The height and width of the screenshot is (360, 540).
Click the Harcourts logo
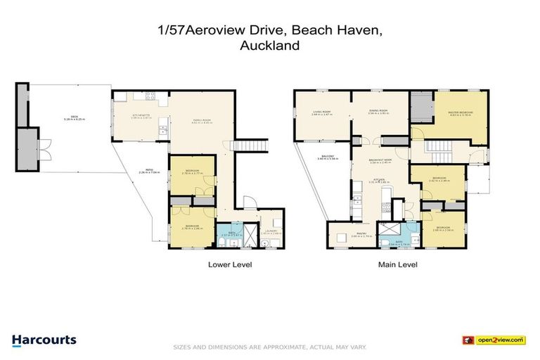click(x=44, y=340)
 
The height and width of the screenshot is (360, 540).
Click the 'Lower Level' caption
click(x=229, y=265)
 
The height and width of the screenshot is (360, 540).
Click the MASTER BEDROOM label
click(x=460, y=114)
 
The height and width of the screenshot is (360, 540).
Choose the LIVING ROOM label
click(x=323, y=112)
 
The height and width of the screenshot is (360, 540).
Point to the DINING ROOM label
click(x=380, y=112)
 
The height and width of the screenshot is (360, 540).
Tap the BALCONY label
click(x=328, y=158)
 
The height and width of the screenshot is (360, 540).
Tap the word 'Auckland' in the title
click(x=270, y=46)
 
